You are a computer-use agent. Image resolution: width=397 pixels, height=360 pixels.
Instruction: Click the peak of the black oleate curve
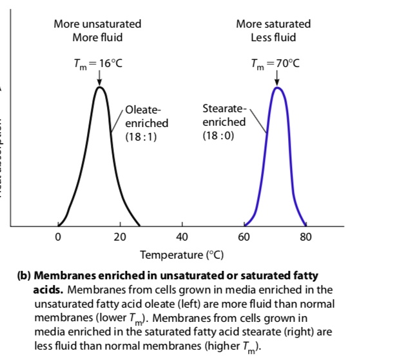tap(99, 87)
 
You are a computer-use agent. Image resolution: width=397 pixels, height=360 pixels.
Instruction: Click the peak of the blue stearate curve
tap(278, 87)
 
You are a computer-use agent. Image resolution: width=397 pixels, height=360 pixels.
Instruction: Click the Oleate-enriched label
tap(146, 116)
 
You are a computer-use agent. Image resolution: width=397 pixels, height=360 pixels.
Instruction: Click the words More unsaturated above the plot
tap(97, 24)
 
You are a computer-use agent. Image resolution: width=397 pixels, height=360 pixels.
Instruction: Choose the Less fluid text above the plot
tap(273, 37)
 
